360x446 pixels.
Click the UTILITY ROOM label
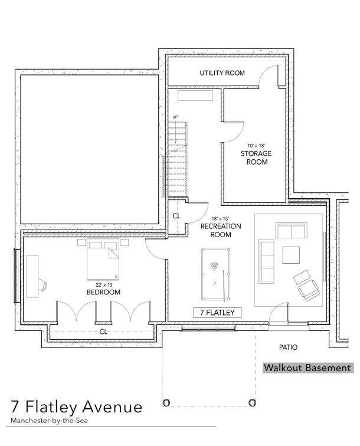coord(222,73)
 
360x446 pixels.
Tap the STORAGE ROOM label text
coord(256,158)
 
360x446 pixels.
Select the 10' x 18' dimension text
coord(256,146)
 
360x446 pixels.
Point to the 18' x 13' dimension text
coord(220,219)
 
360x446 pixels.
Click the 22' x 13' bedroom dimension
coord(104,285)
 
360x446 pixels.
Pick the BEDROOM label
coord(103,292)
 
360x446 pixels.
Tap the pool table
coord(216,274)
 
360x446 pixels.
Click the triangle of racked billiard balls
coord(215,266)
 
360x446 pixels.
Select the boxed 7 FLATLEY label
coord(217,313)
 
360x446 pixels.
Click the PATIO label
coord(288,347)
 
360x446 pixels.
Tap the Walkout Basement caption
coord(307,368)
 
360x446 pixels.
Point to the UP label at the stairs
coord(175,117)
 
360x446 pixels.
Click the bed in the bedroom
coord(103,260)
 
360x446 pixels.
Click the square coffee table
coord(291,255)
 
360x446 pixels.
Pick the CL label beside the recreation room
coord(176,216)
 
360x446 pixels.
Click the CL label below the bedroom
coord(103,332)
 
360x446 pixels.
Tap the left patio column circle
coord(166,402)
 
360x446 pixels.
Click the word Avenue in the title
coord(112,406)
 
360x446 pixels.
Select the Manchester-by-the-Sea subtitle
coord(49,421)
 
